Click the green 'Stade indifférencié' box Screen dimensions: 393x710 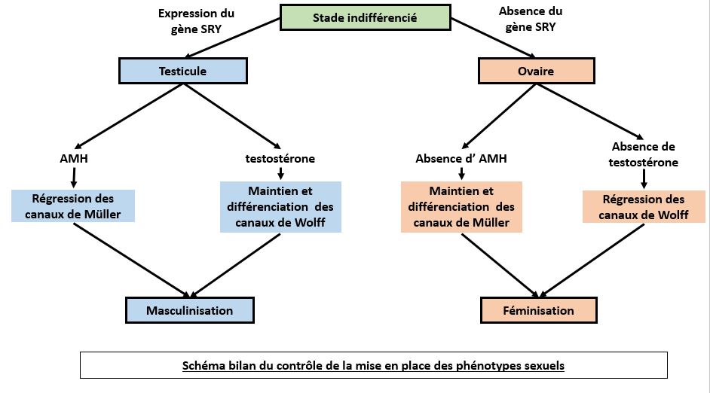(x=364, y=18)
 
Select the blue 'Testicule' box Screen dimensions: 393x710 (x=182, y=72)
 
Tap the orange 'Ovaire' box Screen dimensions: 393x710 (x=537, y=72)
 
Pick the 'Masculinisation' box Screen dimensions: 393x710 (x=189, y=310)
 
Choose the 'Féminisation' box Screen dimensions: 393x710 (x=538, y=310)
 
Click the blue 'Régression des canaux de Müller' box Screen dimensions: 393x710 (x=72, y=206)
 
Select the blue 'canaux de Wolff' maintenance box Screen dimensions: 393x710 (x=280, y=206)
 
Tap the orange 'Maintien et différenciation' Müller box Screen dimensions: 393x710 (x=461, y=206)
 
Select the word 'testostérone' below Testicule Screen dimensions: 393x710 (x=280, y=159)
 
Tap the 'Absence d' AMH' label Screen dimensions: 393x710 (x=461, y=159)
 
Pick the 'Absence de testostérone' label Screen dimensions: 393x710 (x=644, y=154)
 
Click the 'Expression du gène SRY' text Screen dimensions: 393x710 (x=196, y=20)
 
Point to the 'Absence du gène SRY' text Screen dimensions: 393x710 (x=531, y=18)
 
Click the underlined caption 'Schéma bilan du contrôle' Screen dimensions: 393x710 (x=373, y=366)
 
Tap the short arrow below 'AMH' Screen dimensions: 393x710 (x=74, y=177)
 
